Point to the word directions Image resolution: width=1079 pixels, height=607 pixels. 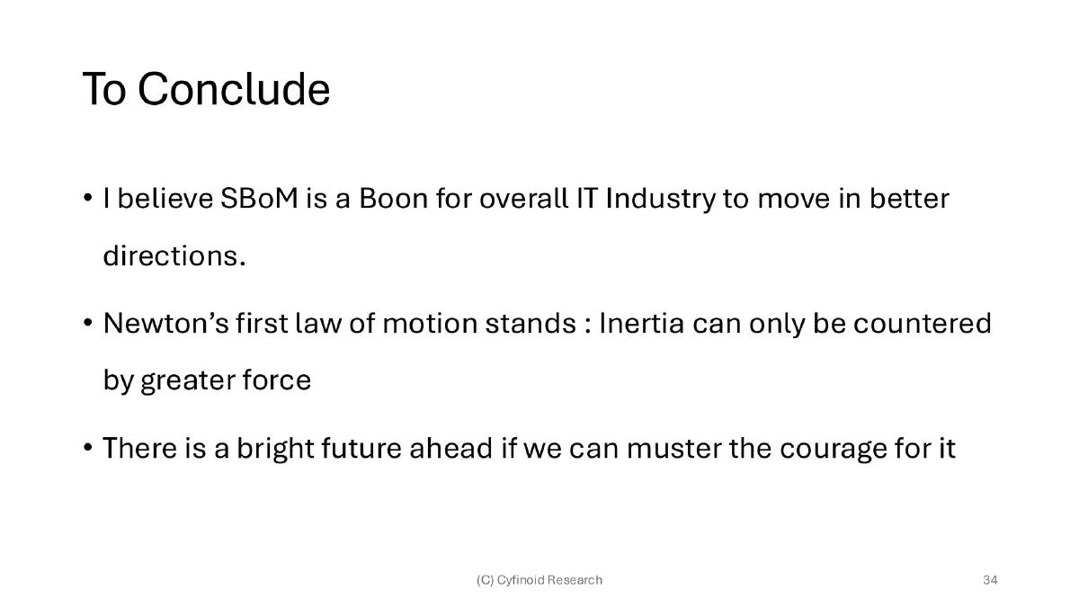click(x=174, y=256)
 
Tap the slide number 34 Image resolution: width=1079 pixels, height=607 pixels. click(x=990, y=580)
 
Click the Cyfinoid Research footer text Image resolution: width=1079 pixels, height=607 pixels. click(x=539, y=580)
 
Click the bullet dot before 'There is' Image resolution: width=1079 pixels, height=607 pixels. click(x=88, y=448)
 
